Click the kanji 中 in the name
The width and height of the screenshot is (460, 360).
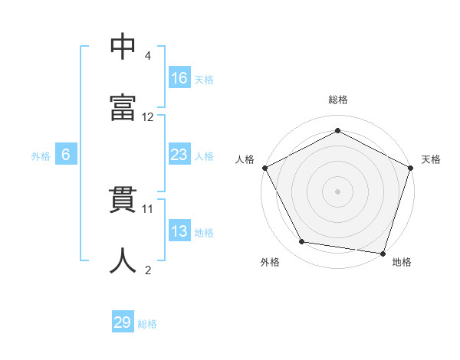(123, 46)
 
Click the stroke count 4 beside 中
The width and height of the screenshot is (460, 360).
(148, 56)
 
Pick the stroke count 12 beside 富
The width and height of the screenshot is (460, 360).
(148, 117)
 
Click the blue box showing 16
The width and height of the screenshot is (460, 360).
(179, 77)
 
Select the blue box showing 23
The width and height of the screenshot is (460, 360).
(179, 155)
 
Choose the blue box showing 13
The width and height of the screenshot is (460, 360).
(179, 231)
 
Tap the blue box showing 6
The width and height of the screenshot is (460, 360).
(66, 155)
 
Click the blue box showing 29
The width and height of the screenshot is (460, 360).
(123, 322)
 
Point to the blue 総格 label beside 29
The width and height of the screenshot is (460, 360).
(147, 324)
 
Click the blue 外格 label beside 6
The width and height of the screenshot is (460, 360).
(41, 156)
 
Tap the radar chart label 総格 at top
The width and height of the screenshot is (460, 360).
(338, 100)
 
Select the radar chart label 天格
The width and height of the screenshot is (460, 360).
(432, 159)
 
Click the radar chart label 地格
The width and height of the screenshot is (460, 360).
(402, 263)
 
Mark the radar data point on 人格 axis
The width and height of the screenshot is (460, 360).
(264, 168)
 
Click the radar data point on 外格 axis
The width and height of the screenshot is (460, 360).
(302, 242)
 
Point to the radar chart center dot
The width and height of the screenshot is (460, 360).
(338, 191)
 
